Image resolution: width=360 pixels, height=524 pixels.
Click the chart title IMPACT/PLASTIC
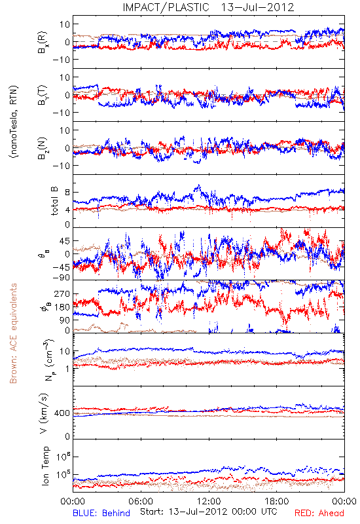coord(166,7)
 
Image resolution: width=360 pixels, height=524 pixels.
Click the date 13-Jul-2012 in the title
coord(257,7)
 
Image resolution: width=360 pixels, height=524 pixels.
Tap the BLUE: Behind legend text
coord(101,513)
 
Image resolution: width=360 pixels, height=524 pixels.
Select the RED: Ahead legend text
coord(319,513)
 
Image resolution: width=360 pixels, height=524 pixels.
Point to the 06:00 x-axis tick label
coord(141,501)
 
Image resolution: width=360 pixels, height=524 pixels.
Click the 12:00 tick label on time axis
coord(209,501)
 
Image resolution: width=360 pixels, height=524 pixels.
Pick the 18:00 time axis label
coord(277,501)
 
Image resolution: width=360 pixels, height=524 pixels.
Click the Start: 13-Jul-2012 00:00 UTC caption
coord(208,512)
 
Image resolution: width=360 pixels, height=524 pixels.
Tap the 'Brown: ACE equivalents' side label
coord(13,333)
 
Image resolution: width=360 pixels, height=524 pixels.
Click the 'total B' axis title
coord(54,201)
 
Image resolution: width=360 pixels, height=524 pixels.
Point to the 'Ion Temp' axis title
coord(45,466)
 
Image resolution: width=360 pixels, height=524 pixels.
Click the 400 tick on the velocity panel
coord(62,413)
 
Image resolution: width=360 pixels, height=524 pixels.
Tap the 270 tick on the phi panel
coord(62,294)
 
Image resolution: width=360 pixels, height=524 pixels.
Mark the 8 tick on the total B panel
coord(67,193)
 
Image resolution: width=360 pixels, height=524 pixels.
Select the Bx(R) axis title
coord(43,42)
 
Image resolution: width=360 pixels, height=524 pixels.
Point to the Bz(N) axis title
coord(43,148)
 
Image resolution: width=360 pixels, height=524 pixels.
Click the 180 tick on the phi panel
coord(62,307)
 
